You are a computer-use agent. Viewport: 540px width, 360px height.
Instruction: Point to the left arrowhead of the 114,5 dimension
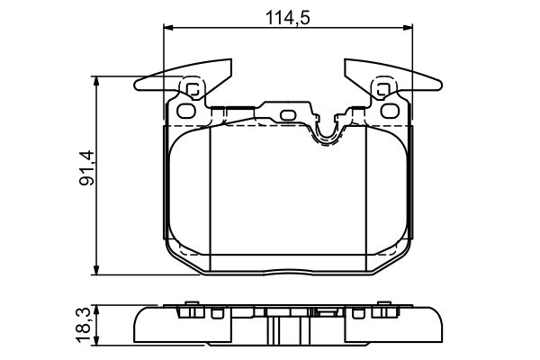(167, 29)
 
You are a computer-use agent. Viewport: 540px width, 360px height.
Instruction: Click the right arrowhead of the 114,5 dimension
(409, 29)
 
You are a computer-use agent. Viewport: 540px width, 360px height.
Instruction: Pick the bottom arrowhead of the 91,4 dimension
(96, 272)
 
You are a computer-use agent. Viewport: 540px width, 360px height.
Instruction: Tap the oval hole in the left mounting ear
(186, 112)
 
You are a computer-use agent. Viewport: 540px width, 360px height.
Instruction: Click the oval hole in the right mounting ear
(391, 112)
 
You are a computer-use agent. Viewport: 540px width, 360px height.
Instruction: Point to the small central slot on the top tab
(288, 114)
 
